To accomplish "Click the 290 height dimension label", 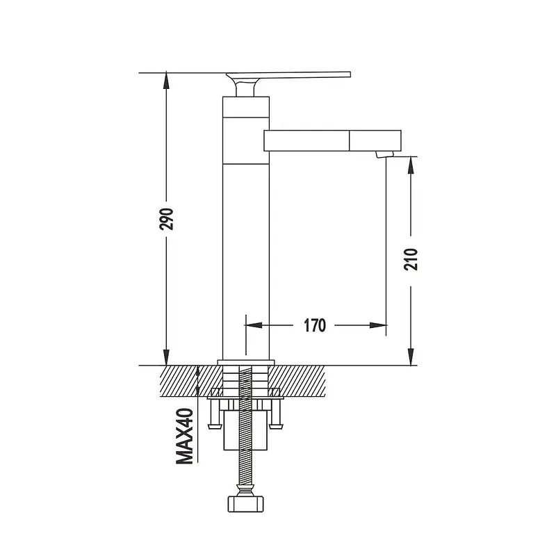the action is pyautogui.click(x=167, y=220).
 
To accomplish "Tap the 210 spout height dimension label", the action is pyautogui.click(x=411, y=260).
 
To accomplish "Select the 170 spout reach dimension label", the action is pyautogui.click(x=314, y=325).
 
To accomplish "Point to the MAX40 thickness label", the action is pyautogui.click(x=185, y=436).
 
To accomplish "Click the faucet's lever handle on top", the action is pyautogui.click(x=288, y=76).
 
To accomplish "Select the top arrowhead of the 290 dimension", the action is pyautogui.click(x=166, y=81).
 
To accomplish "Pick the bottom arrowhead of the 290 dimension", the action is pyautogui.click(x=166, y=357).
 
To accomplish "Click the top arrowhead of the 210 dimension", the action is pyautogui.click(x=411, y=165).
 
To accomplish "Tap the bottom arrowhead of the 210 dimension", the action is pyautogui.click(x=411, y=357).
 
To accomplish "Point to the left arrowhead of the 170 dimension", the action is pyautogui.click(x=254, y=325).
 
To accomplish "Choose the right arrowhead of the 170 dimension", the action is pyautogui.click(x=377, y=325).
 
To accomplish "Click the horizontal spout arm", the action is pyautogui.click(x=332, y=140).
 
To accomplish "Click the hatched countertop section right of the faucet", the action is pyautogui.click(x=298, y=381).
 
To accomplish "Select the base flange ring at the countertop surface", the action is pyautogui.click(x=246, y=362).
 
